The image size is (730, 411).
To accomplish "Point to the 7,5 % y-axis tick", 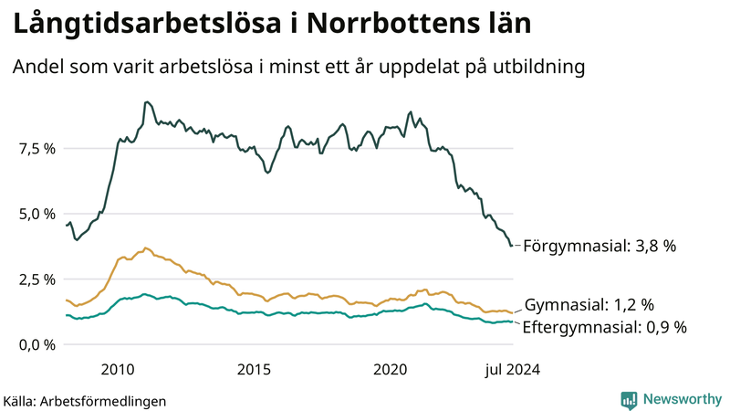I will pyautogui.click(x=37, y=148).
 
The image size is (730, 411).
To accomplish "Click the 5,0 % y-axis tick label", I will pyautogui.click(x=37, y=214).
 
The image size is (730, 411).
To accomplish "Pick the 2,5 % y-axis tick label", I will pyautogui.click(x=37, y=279).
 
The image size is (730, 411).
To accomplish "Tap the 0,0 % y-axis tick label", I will pyautogui.click(x=37, y=345).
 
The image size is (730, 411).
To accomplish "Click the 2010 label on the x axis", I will pyautogui.click(x=118, y=370).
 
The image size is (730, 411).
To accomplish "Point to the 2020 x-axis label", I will pyautogui.click(x=391, y=370).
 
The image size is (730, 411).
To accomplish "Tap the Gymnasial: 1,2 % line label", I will pyautogui.click(x=589, y=305).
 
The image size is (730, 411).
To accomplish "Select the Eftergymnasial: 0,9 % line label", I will pyautogui.click(x=604, y=327).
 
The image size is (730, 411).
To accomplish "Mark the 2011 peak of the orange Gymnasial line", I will pyautogui.click(x=145, y=248).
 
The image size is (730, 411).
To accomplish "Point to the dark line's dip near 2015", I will pyautogui.click(x=267, y=172).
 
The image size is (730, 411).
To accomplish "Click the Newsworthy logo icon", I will pyautogui.click(x=629, y=399).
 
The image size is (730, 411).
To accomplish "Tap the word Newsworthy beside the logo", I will pyautogui.click(x=680, y=399).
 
